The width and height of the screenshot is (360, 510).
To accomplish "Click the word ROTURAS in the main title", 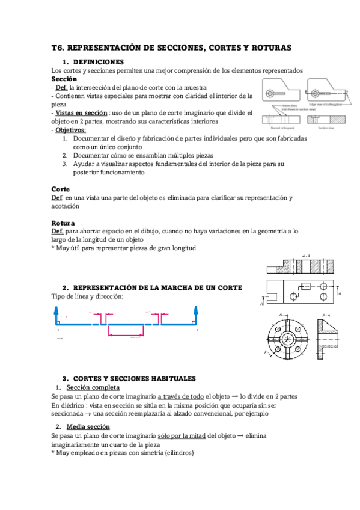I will tap(268, 47).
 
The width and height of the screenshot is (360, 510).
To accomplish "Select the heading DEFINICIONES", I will tap(97, 62).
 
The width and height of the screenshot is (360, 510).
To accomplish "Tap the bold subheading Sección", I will tap(64, 79).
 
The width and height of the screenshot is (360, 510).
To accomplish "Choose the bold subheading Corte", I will tap(61, 189).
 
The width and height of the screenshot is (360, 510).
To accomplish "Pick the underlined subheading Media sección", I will tap(88, 426).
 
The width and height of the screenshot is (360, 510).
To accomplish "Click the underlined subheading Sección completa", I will tap(92, 387).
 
